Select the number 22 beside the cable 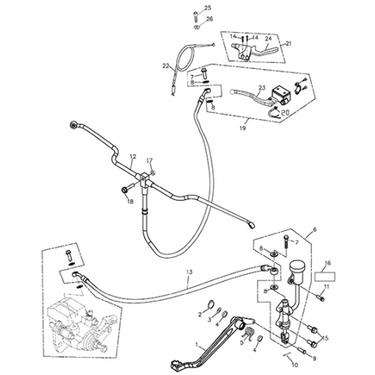[166, 65]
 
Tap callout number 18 [128, 202]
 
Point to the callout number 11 [327, 287]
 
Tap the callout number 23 [262, 88]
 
